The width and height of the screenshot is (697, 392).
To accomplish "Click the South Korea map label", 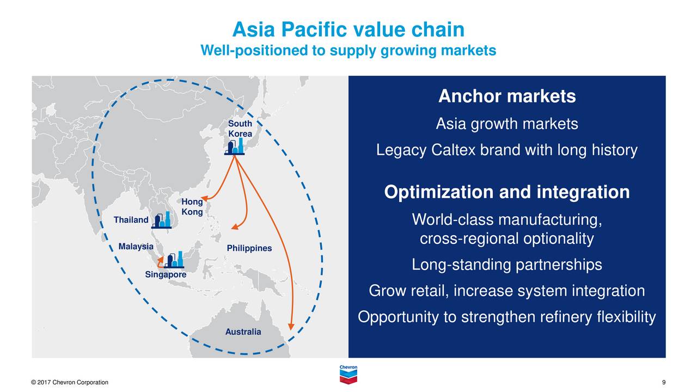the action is (240, 128).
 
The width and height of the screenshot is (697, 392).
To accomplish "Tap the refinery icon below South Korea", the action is (234, 146).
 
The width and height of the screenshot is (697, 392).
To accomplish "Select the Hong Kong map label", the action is (192, 206).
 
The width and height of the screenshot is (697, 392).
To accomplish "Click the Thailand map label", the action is (131, 220).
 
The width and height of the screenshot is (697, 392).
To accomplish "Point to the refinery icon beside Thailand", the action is (162, 220).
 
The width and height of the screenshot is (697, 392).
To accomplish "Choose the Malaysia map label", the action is (136, 247).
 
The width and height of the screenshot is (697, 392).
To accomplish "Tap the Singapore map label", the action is (166, 274).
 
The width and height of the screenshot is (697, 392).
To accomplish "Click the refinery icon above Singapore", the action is (174, 260).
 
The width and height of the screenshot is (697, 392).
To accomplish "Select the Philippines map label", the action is (249, 248).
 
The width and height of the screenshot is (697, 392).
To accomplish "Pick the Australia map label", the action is (243, 332).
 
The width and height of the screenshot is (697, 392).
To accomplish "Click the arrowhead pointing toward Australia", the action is (291, 326).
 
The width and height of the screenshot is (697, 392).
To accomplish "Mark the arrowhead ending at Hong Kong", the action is (204, 198).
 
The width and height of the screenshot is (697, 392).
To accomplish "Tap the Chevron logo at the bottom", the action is (348, 375).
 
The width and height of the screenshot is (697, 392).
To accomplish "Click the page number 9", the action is (664, 382).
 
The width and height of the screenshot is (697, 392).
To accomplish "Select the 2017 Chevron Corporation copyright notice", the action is (69, 382).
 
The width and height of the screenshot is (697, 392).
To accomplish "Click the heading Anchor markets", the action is (507, 96).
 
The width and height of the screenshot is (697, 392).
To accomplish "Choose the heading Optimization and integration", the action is (507, 192).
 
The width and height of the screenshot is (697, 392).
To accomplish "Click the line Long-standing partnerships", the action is (507, 265).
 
